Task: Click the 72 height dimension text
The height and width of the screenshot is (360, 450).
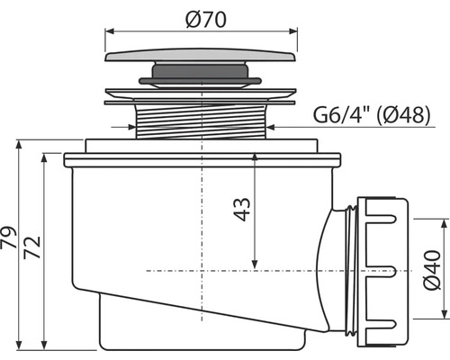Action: [31, 245]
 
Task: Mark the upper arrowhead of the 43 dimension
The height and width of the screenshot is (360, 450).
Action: [257, 157]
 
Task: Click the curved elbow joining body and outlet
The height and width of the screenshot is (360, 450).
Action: [328, 261]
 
